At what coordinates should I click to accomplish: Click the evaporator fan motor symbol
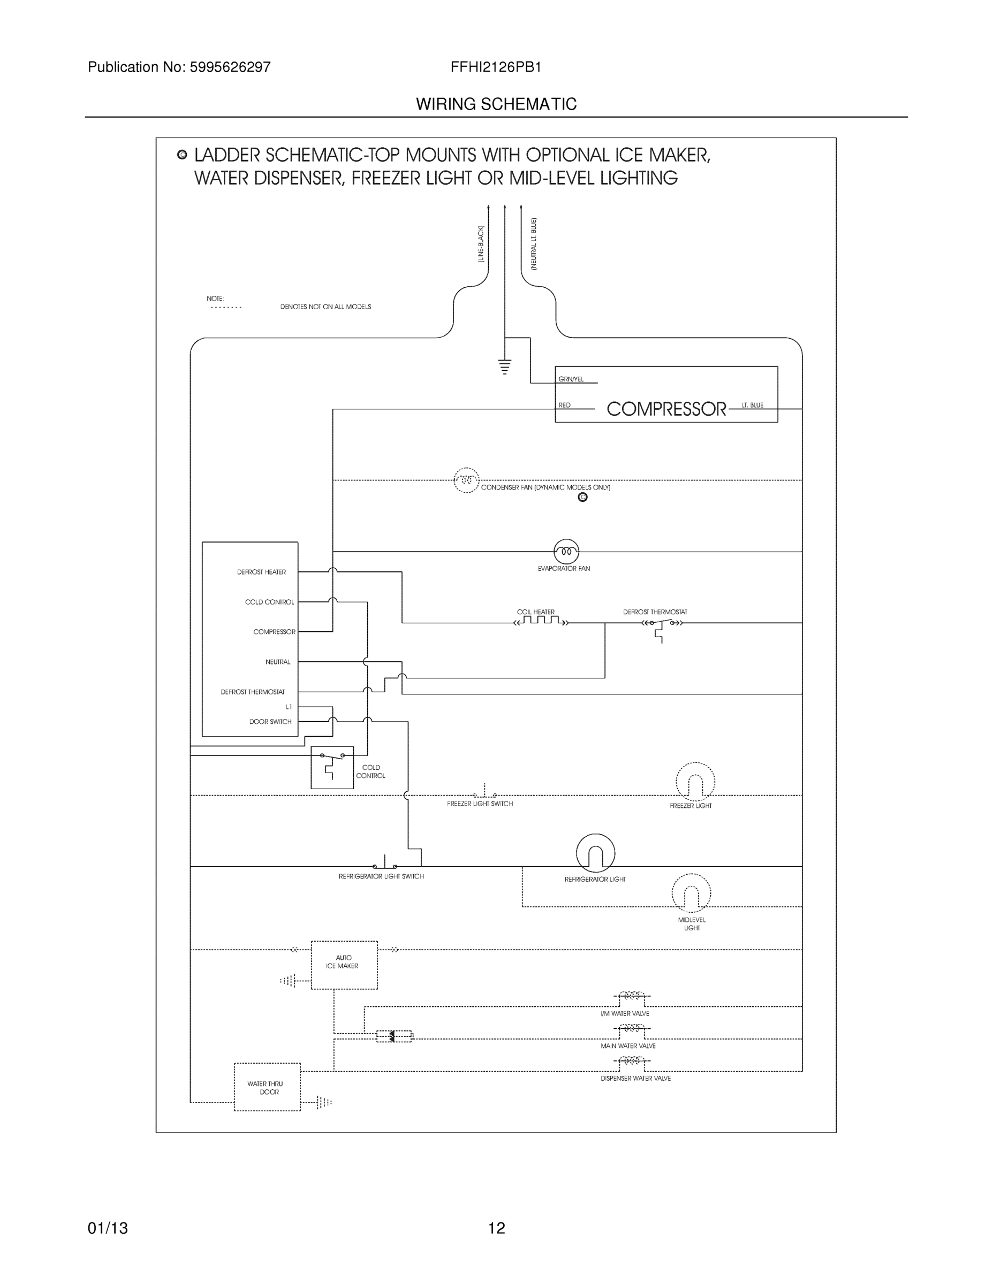click(566, 552)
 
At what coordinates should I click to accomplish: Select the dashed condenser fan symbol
click(466, 480)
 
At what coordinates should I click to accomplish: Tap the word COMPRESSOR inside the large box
click(666, 409)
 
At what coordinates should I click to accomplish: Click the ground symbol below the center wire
click(505, 367)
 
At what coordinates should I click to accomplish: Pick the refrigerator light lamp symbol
click(595, 853)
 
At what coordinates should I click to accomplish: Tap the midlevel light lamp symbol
click(691, 892)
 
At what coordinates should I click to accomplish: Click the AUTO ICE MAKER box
click(344, 965)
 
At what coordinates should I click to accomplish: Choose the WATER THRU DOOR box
click(267, 1087)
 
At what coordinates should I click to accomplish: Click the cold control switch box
click(332, 767)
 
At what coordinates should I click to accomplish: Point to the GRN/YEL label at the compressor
click(571, 380)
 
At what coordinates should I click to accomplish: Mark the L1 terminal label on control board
click(288, 707)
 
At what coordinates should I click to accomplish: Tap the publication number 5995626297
click(230, 67)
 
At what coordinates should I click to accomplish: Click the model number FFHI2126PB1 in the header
click(495, 67)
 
